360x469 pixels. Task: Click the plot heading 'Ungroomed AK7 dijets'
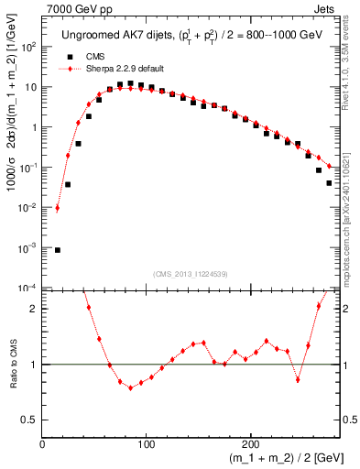pos(108,36)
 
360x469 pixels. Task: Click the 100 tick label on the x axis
pos(146,444)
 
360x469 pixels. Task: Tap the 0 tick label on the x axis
pos(42,444)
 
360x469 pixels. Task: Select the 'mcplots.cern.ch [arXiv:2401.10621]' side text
pos(352,212)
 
